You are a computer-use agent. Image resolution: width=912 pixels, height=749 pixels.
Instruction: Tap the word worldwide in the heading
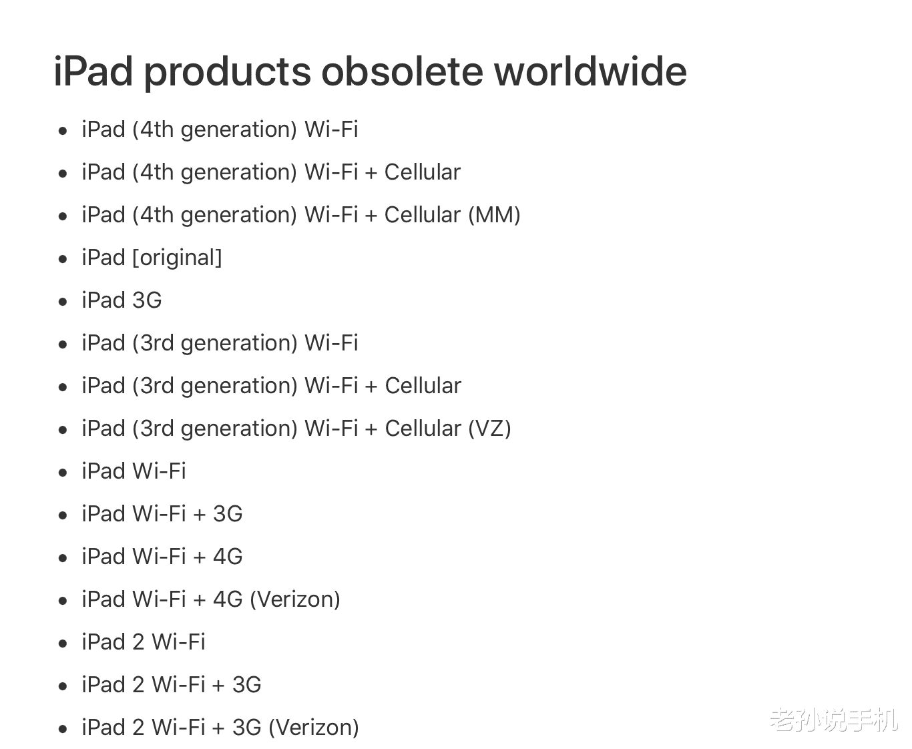click(590, 71)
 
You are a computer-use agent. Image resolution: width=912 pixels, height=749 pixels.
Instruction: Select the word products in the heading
click(228, 71)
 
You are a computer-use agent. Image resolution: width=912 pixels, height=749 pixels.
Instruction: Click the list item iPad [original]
click(152, 258)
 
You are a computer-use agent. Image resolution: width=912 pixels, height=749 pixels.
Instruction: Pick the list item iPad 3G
click(122, 300)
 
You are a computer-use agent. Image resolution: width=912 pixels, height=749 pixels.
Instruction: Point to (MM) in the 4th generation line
click(494, 215)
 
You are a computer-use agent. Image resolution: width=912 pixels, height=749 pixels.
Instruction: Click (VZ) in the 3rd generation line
click(489, 429)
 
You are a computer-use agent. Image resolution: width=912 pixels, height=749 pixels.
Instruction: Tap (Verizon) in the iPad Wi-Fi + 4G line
click(295, 599)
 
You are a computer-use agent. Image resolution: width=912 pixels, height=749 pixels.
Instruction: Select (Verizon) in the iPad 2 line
click(314, 728)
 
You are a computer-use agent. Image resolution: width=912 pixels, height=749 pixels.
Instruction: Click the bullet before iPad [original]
click(63, 259)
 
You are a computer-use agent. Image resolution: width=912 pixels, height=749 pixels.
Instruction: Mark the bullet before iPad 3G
click(63, 302)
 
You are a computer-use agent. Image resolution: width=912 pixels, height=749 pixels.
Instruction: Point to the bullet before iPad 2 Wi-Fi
click(63, 644)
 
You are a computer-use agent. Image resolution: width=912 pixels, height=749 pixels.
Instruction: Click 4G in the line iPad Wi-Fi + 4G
click(228, 557)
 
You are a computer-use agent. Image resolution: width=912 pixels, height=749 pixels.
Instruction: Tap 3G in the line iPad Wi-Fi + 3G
click(228, 514)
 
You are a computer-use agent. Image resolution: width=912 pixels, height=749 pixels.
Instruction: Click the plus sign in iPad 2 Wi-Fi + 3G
click(218, 686)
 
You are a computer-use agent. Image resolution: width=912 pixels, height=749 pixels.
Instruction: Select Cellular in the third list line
click(423, 215)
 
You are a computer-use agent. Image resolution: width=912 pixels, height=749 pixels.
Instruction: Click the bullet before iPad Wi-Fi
click(63, 473)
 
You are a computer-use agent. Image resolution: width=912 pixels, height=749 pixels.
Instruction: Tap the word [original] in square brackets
click(178, 258)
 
